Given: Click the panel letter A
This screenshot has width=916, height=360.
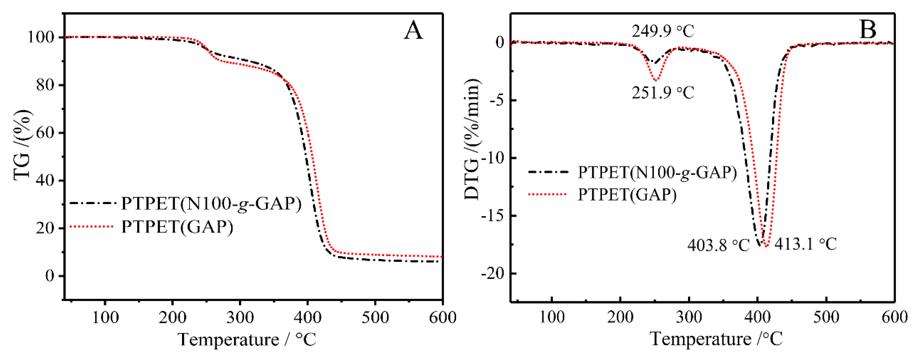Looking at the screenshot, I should [413, 31].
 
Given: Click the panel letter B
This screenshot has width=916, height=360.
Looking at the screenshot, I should [868, 30].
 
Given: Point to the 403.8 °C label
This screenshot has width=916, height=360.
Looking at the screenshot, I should [718, 245].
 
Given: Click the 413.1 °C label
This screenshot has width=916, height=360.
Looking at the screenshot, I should [805, 244].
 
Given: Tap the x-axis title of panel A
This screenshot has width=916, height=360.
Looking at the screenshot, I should [247, 339].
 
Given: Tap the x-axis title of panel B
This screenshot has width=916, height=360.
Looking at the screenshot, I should [716, 338].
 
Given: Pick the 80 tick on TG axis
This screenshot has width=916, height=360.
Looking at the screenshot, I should [45, 85].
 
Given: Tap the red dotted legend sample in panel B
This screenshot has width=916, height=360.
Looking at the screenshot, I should [548, 194].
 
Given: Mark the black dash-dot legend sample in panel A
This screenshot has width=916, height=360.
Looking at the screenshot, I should [93, 203].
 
